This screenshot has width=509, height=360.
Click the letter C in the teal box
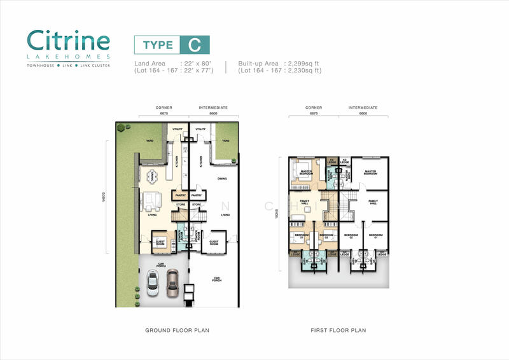point(195,45)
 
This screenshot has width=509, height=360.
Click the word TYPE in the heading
point(157,45)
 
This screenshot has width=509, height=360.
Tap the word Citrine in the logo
point(68,40)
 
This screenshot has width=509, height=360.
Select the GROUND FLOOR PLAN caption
point(177,331)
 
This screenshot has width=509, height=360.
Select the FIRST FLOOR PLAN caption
point(339,331)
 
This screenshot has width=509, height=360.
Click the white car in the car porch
point(153,282)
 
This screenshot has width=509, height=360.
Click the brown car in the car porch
point(172,284)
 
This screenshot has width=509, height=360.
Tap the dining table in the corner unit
point(151,176)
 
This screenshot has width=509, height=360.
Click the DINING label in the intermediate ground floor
point(223,179)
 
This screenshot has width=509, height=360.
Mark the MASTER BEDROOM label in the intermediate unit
point(370,172)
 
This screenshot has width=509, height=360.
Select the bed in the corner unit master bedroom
point(302,171)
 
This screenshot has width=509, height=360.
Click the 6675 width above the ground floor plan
point(164,114)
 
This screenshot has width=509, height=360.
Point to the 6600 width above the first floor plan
point(363,114)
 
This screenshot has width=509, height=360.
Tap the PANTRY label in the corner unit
point(179,195)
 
